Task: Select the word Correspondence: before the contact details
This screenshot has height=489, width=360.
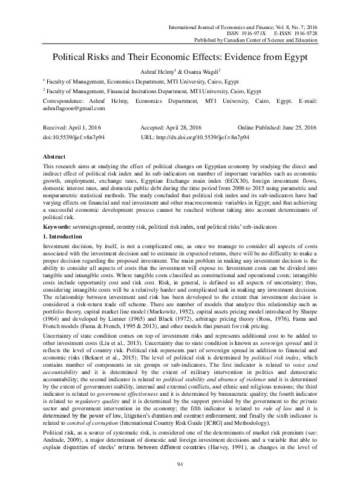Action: [64, 101]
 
